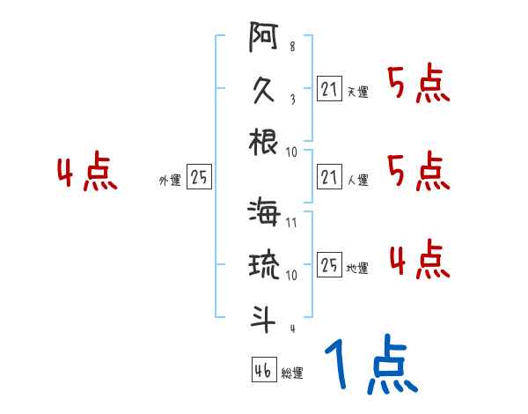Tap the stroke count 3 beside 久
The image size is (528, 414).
tap(291, 99)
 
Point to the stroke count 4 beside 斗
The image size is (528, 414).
tap(291, 329)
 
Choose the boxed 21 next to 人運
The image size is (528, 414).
tap(329, 176)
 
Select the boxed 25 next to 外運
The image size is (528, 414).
tap(199, 177)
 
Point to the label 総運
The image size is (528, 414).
tap(292, 373)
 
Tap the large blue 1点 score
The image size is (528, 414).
tap(370, 366)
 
